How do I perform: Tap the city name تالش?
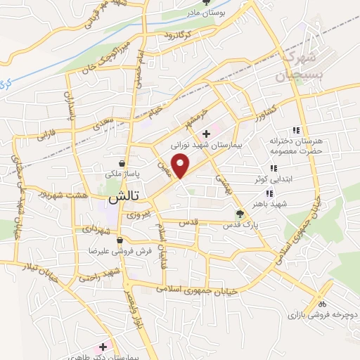[120, 199]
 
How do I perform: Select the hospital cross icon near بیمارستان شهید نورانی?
[205, 134]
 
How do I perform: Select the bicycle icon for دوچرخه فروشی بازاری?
[322, 304]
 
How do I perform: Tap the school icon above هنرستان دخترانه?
[296, 130]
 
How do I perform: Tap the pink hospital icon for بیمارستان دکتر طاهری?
[103, 347]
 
